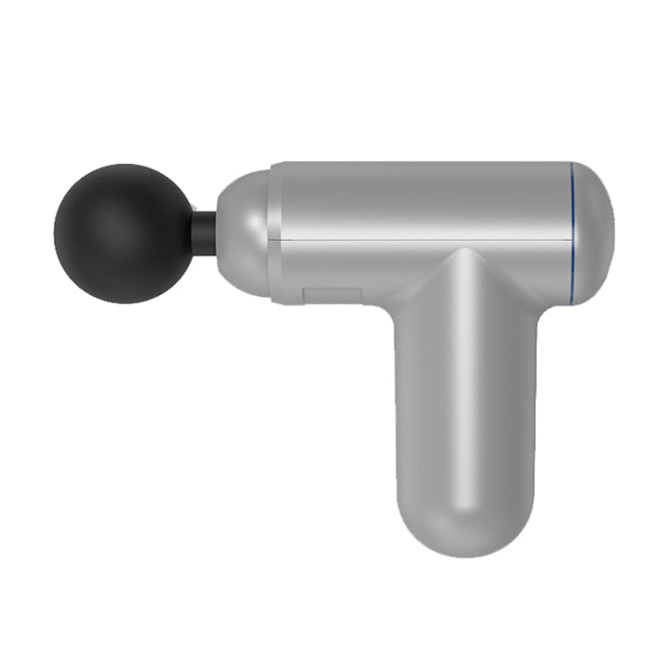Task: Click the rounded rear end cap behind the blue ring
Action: pos(593,233)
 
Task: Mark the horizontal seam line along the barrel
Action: pos(421,240)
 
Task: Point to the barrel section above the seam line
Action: pos(421,202)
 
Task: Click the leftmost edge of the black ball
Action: pos(55,233)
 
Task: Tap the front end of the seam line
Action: pos(273,240)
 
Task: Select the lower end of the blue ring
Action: pos(571,301)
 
